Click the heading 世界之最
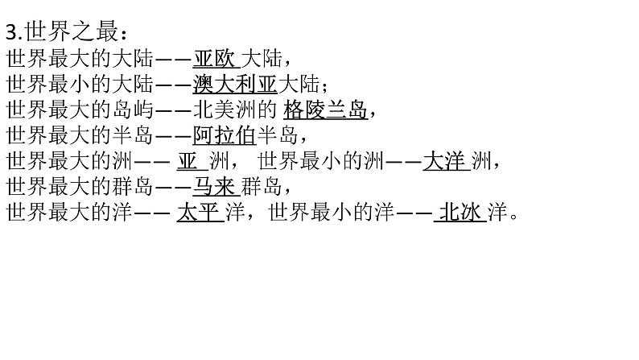coord(72,32)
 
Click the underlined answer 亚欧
coord(213,58)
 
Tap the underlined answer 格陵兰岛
coord(326,110)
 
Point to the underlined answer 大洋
coord(444,161)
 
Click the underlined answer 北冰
coord(460,213)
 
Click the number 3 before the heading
coord(10,32)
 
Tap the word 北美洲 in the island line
coord(243,110)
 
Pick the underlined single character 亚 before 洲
coord(187,161)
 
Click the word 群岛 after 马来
coord(262,187)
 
